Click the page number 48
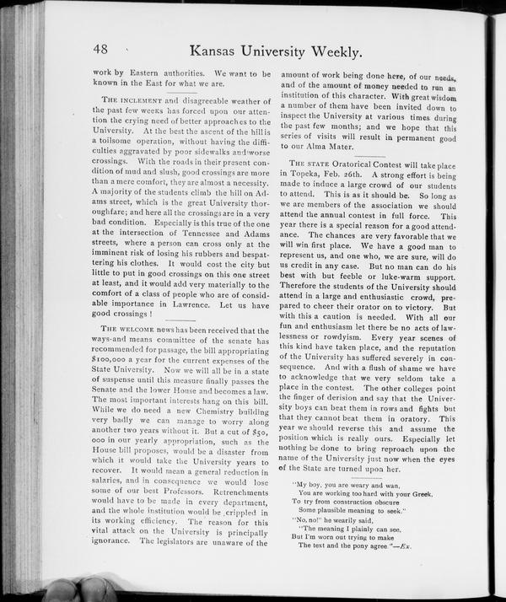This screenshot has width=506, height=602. pos(107,51)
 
